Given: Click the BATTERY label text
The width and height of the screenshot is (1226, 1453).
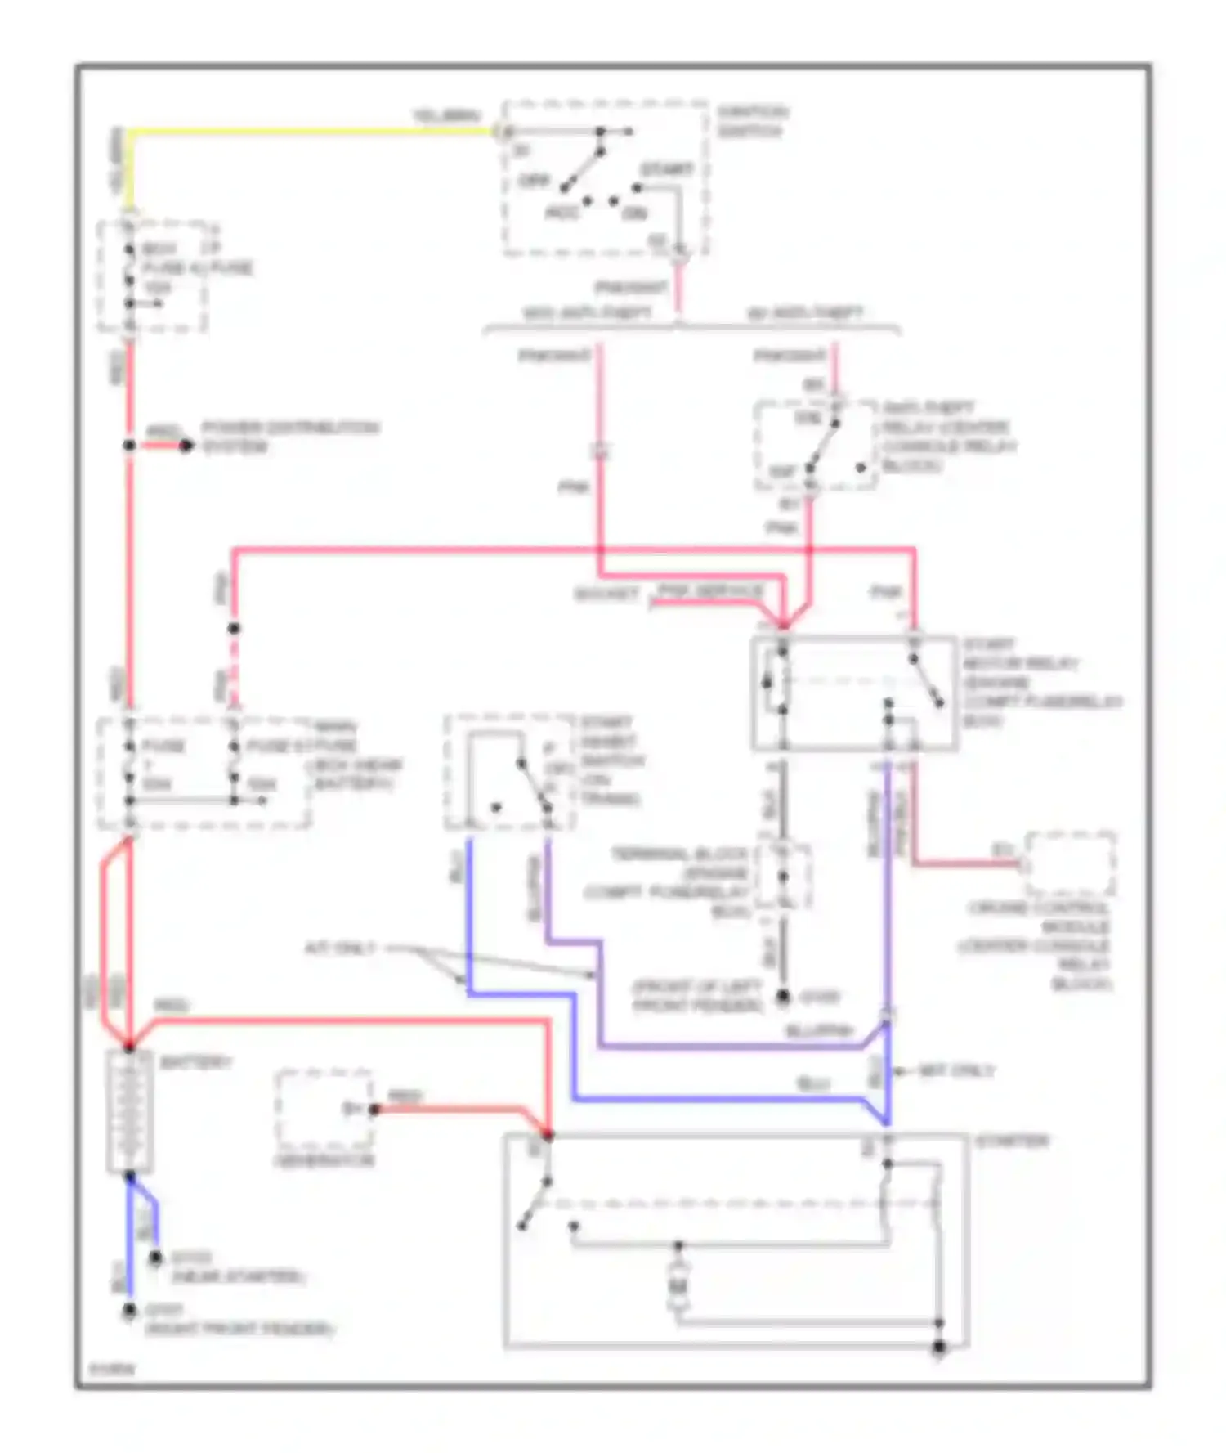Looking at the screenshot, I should pos(195,1062).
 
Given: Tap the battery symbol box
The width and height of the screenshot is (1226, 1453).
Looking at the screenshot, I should pos(130,1111).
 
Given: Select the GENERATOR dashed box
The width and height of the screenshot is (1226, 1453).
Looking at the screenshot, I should pos(324,1110).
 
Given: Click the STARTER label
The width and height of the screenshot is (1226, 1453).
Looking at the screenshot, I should pos(1011,1141).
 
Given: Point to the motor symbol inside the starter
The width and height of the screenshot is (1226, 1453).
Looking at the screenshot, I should pos(678,1289).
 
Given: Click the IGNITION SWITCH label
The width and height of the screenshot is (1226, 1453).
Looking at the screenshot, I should pos(752,121).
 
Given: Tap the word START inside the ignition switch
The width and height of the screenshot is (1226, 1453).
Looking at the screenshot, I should pos(666,169).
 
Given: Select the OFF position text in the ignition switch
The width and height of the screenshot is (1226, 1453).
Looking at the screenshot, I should pos(535,180).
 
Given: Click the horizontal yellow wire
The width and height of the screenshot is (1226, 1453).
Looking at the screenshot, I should pos(311,131).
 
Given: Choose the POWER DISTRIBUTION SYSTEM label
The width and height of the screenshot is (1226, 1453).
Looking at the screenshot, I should pos(289,437).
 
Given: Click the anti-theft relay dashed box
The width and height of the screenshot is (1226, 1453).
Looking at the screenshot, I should pos(815,446).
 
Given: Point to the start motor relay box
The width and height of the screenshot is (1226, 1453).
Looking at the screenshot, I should pos(853,693).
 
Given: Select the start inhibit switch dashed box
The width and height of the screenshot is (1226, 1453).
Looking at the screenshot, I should pos(508,772).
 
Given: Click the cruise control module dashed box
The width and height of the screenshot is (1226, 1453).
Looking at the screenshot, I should pos(1070,863).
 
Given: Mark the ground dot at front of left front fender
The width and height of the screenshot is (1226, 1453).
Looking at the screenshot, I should pos(782,996).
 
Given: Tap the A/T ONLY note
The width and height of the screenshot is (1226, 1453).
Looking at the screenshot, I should pos(341,948).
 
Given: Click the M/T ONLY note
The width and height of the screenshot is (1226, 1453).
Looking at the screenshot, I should pos(955,1070).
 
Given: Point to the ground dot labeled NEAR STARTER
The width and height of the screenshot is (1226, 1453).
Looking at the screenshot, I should pos(155,1258).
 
